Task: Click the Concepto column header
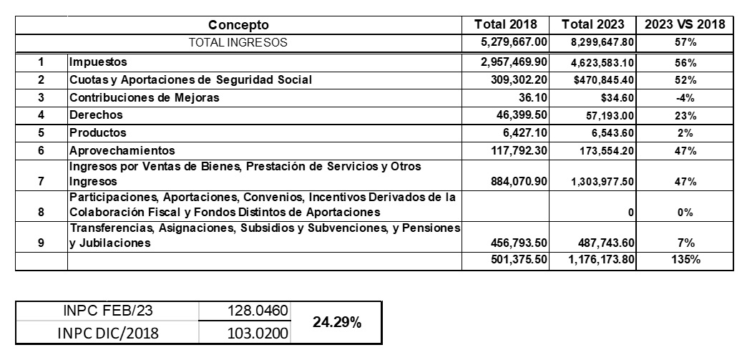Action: [238, 25]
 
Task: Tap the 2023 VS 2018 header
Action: [685, 25]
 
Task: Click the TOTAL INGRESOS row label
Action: [238, 42]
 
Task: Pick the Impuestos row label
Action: [97, 62]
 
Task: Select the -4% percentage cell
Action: [685, 97]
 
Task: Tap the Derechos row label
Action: [96, 115]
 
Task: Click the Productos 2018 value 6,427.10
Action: [525, 132]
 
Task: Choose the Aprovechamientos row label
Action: [122, 150]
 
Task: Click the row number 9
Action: [41, 243]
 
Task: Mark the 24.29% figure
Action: [336, 323]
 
